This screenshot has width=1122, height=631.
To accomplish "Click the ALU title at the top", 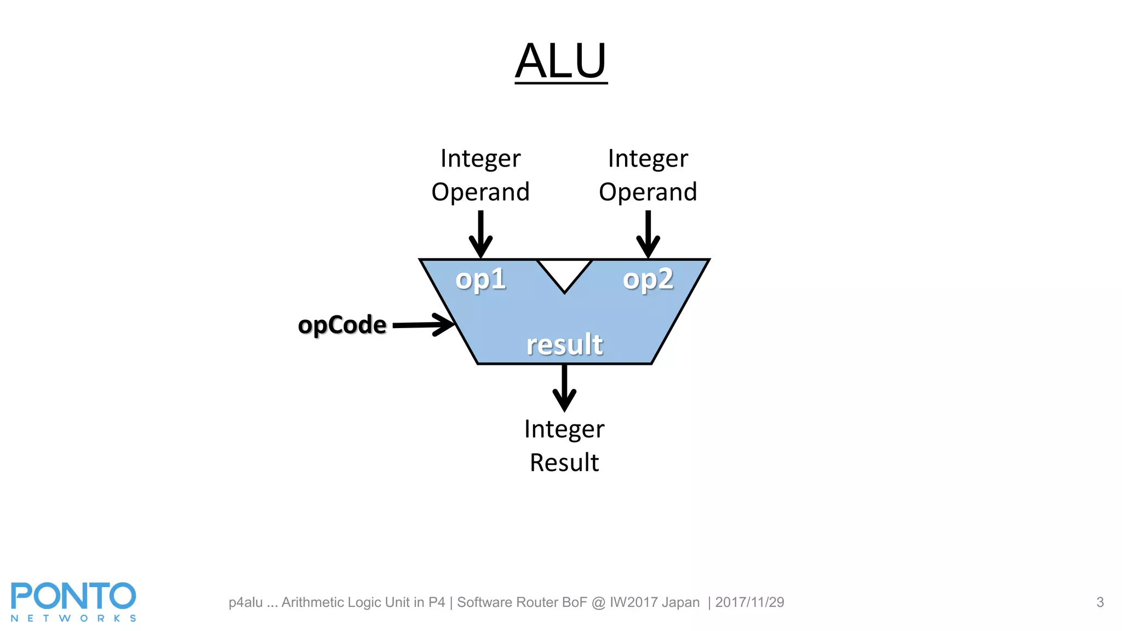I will coord(560,61).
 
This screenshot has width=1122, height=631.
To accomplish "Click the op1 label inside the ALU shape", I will coord(480,280).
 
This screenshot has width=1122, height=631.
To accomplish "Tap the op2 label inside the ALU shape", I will coord(648,280).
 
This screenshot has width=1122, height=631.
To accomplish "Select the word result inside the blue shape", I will coord(564,345).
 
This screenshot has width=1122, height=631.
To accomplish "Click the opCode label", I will coord(342,325).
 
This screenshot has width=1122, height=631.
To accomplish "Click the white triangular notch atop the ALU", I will coord(564,271).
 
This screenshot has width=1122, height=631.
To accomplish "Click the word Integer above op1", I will coord(480,159).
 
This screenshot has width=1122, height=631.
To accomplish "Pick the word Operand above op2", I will coord(648,192).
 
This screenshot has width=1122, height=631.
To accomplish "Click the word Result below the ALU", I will coord(564,463).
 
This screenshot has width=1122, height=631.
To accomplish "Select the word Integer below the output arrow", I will coord(564,429).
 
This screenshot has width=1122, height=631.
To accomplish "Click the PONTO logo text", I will coord(73,596).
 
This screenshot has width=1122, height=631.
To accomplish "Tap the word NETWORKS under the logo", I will coord(73,618).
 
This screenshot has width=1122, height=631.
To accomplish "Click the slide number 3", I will coord(1100,603).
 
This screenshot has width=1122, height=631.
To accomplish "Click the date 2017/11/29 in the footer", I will coord(749,603).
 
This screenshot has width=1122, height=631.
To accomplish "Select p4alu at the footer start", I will coord(245,603).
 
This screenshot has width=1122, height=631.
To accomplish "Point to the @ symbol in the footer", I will coord(598,603).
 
